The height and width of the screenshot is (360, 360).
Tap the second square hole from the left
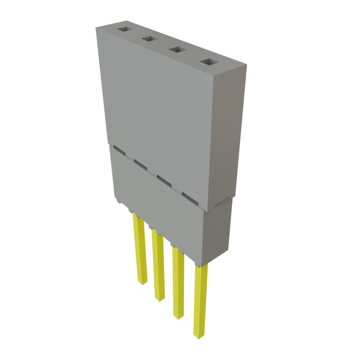149,39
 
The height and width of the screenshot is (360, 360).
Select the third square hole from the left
177,50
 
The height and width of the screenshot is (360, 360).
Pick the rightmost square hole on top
209,63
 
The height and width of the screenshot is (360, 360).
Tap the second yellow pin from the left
159,267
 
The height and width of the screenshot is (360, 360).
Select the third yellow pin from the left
178,285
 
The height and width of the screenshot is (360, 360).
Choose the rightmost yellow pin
200,302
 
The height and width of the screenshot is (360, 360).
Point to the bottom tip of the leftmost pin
143,283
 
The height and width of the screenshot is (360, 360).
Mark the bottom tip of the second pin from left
159,300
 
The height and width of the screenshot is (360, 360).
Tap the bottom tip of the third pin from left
178,318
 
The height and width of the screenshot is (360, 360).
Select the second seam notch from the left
141,164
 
